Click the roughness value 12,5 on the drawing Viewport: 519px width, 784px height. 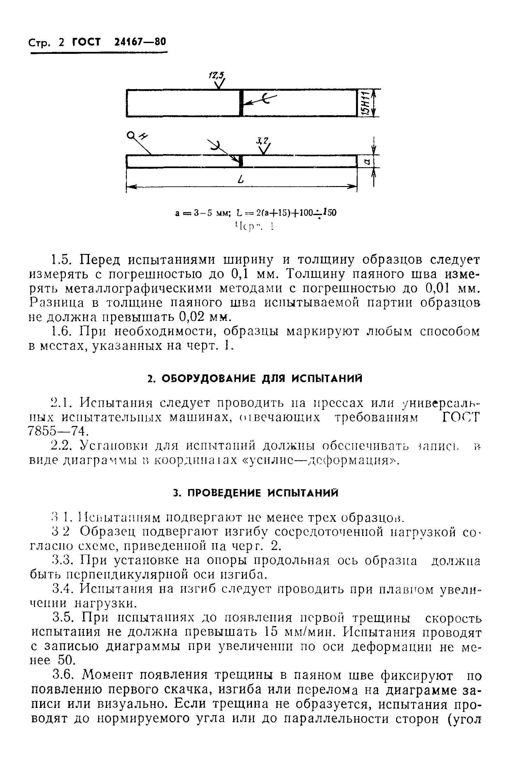coord(216,75)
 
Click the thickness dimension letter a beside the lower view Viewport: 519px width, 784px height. coord(367,161)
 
